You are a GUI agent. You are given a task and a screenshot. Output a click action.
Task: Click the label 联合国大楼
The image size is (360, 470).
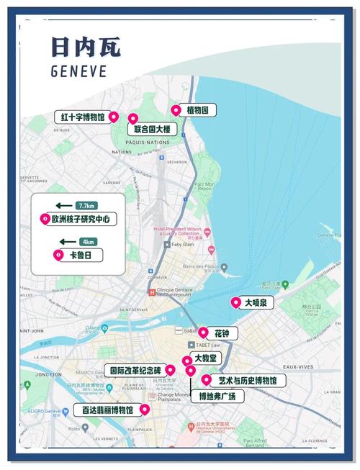[152, 130]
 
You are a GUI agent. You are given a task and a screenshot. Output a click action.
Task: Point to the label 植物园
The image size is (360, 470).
[201, 111]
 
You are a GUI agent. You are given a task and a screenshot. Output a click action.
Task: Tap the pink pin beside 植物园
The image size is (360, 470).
[175, 110]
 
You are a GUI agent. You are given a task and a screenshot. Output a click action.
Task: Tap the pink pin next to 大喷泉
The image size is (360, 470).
[235, 303]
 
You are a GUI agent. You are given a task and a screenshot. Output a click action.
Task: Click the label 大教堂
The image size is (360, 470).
[210, 358]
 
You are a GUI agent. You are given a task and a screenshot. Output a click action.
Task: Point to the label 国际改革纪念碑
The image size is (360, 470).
[137, 371]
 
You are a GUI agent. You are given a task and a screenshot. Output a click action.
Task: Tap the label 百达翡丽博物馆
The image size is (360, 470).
[107, 410]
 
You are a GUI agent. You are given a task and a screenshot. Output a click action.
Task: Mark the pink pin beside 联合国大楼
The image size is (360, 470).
[132, 118]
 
